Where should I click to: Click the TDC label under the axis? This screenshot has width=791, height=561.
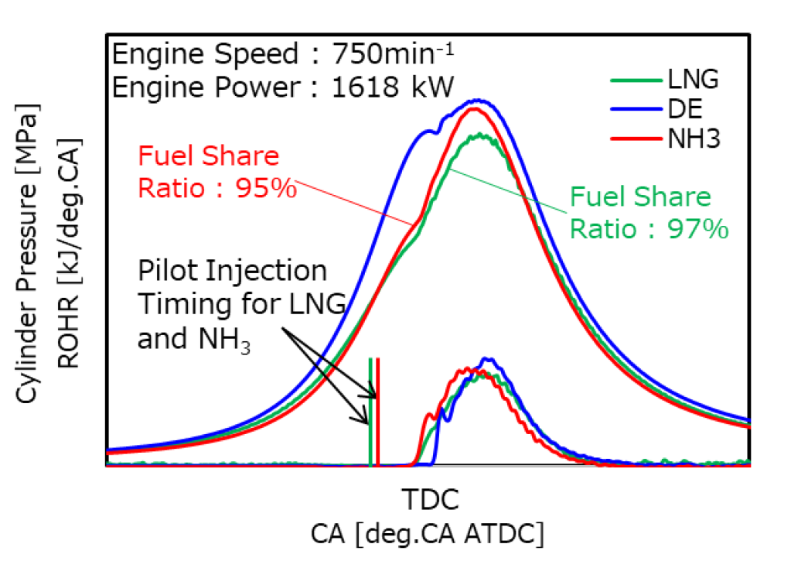431,499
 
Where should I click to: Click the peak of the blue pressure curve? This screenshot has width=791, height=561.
481,101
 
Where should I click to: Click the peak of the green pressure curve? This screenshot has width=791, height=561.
481,135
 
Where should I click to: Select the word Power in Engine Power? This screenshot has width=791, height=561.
254,87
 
